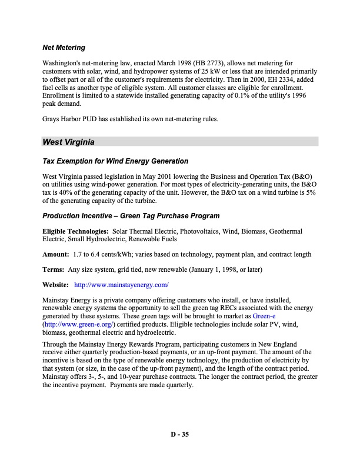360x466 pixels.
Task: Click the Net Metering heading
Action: click(64, 47)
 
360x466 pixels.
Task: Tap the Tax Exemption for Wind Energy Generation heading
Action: click(115, 161)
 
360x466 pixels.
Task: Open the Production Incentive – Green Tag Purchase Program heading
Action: click(131, 216)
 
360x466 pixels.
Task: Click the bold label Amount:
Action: click(55, 254)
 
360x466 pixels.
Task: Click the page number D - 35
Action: click(180, 435)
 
